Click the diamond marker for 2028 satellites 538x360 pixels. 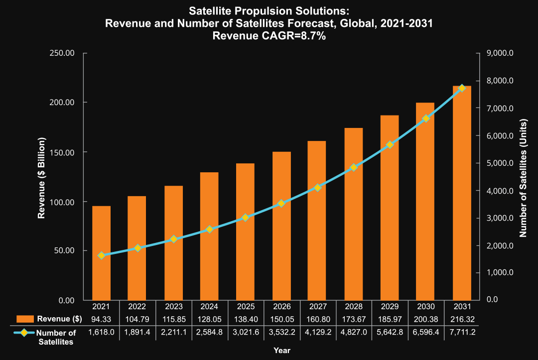[354, 168]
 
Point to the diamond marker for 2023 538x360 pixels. [173, 239]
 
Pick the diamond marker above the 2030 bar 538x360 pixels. [425, 119]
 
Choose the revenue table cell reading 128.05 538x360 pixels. [210, 319]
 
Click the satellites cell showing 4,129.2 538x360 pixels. [318, 332]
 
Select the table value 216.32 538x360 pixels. [461, 319]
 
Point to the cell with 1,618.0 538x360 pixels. [102, 332]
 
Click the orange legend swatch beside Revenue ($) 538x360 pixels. [25, 319]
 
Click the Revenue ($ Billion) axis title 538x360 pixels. [42, 177]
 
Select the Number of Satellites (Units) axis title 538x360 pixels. [523, 177]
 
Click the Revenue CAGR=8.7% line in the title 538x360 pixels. [269, 36]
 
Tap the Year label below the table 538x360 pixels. [282, 350]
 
